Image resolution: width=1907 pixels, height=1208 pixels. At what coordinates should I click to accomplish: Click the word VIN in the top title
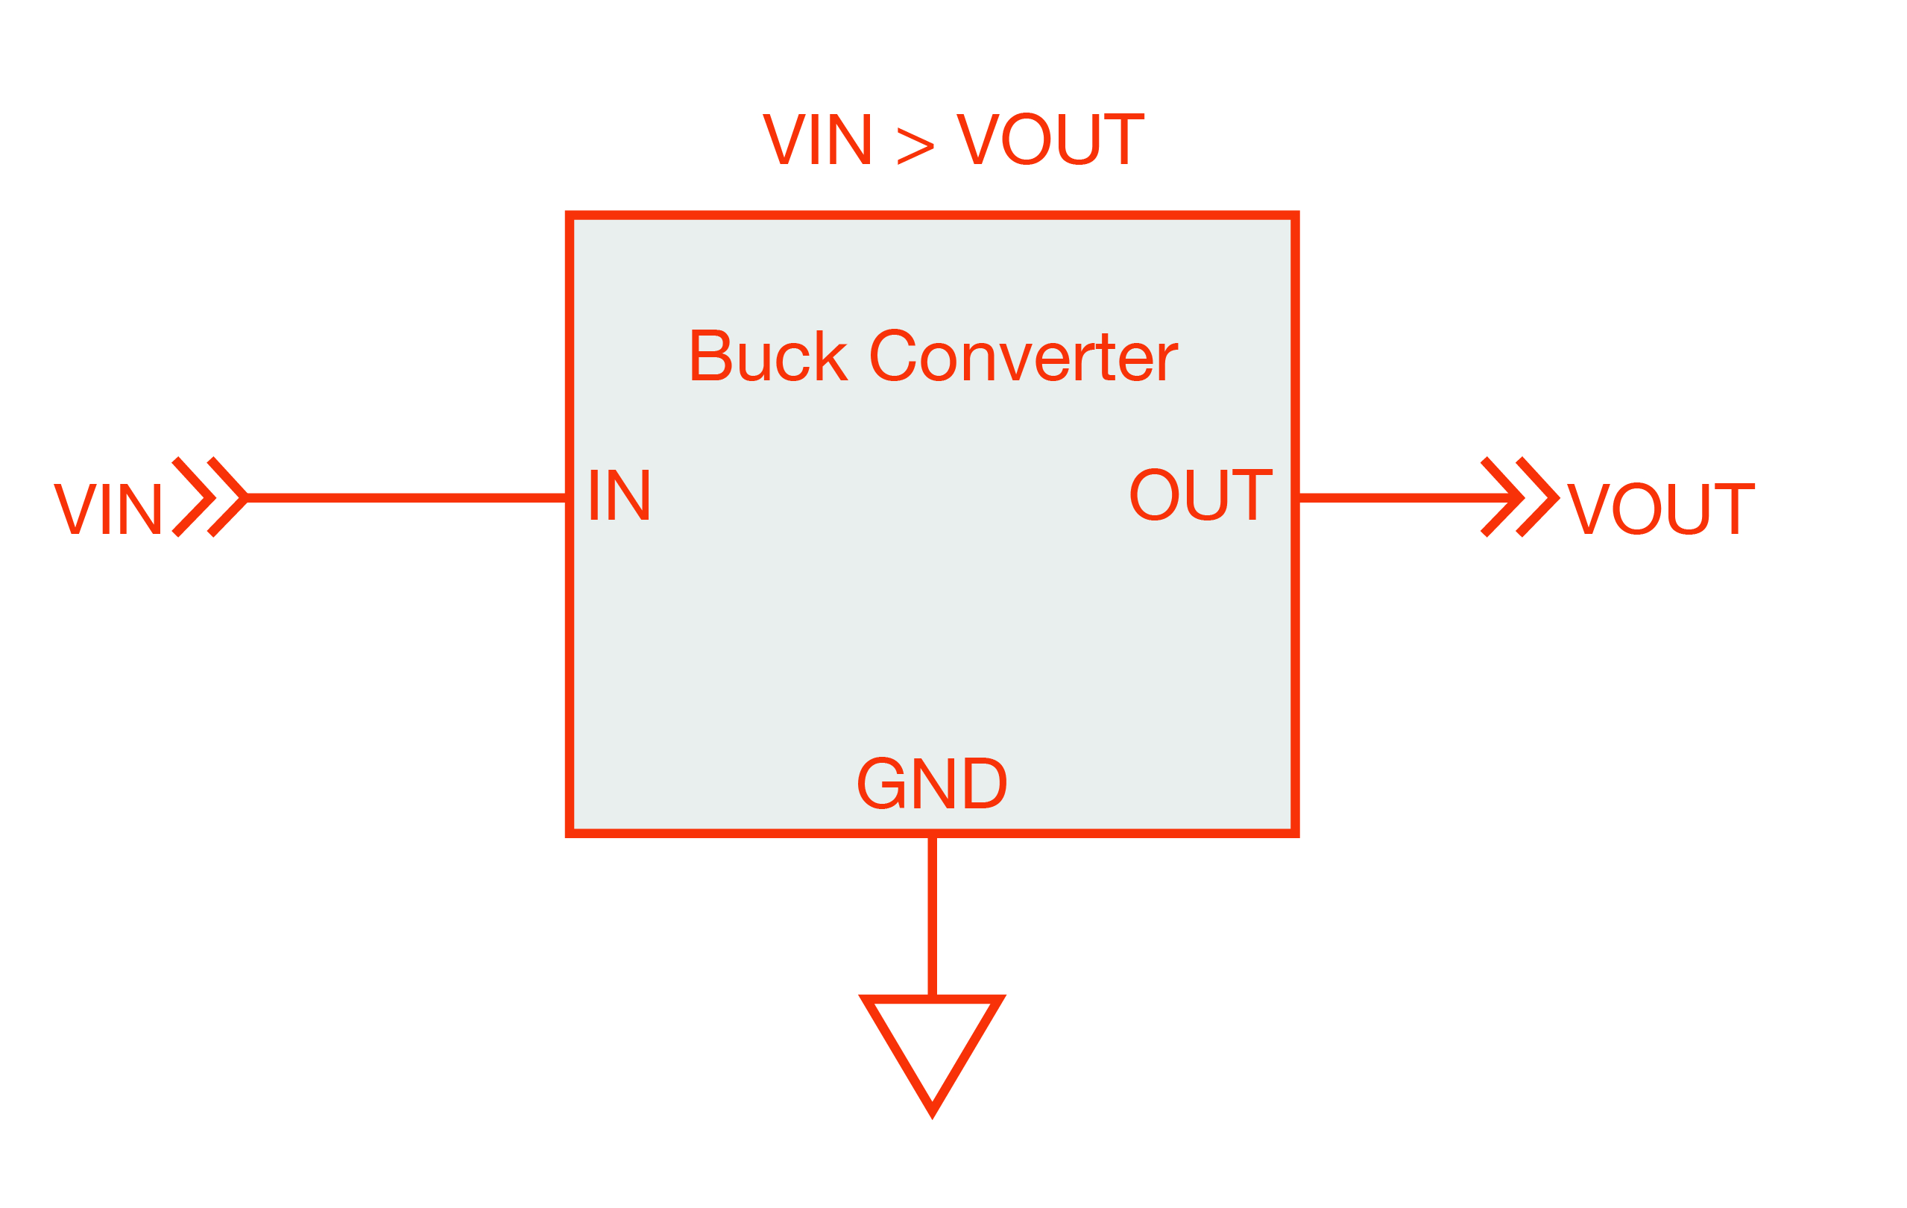pyautogui.click(x=816, y=139)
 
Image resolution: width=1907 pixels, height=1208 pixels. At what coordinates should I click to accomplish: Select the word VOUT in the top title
pyautogui.click(x=1050, y=139)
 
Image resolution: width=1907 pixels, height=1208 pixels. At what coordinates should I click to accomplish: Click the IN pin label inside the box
pyautogui.click(x=620, y=495)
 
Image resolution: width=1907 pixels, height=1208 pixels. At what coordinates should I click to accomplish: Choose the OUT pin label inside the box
pyautogui.click(x=1200, y=495)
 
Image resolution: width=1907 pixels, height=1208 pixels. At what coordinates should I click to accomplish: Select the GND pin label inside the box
pyautogui.click(x=932, y=784)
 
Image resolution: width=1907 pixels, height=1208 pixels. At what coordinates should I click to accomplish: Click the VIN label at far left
pyautogui.click(x=107, y=509)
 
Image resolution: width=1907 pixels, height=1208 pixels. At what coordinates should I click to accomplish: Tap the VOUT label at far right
pyautogui.click(x=1662, y=509)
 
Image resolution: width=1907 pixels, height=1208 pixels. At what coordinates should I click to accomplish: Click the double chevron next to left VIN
pyautogui.click(x=209, y=497)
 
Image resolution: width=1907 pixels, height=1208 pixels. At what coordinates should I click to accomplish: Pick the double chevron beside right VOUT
pyautogui.click(x=1519, y=497)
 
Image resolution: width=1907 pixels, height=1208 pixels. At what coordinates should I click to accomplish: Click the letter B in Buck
pyautogui.click(x=710, y=356)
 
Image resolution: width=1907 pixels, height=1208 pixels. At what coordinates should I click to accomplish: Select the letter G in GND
pyautogui.click(x=880, y=784)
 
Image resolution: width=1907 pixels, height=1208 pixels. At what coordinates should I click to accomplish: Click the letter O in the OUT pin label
pyautogui.click(x=1154, y=495)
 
